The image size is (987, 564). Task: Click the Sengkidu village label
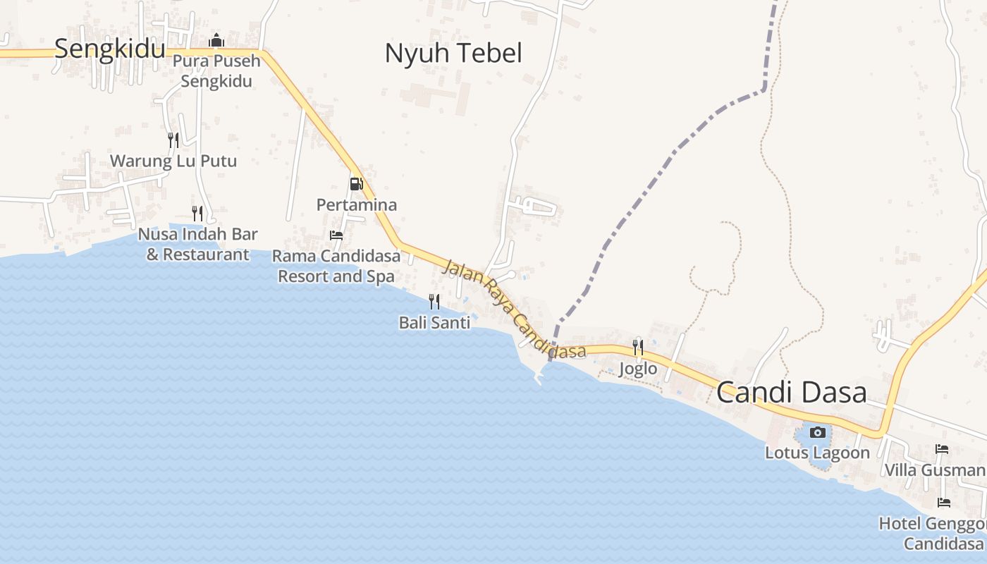tap(109, 49)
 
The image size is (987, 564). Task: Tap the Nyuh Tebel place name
tap(453, 54)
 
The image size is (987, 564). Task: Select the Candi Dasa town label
tap(791, 393)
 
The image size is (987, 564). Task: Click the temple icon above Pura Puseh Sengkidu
tap(216, 41)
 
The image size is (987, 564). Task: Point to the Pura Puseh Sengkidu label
tap(216, 70)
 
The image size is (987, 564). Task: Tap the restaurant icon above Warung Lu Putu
tap(173, 140)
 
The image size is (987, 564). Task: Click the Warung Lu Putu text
tap(173, 161)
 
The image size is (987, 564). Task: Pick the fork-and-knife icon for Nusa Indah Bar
tap(197, 213)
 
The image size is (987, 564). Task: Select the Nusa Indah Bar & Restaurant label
tap(198, 244)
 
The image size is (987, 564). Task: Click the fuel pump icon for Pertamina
tap(356, 185)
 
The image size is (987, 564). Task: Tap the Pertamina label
tap(356, 205)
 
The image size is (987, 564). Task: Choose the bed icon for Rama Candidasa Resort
tap(336, 235)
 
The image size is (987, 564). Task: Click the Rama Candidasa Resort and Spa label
tap(336, 266)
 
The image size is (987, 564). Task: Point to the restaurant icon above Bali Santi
tap(434, 302)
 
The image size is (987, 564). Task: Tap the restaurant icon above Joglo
tap(638, 347)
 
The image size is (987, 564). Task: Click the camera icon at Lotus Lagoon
tap(818, 432)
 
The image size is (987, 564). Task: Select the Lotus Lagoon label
tap(818, 453)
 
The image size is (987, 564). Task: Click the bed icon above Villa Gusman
tap(942, 449)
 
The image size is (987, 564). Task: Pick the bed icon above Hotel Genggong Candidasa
tap(943, 503)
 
